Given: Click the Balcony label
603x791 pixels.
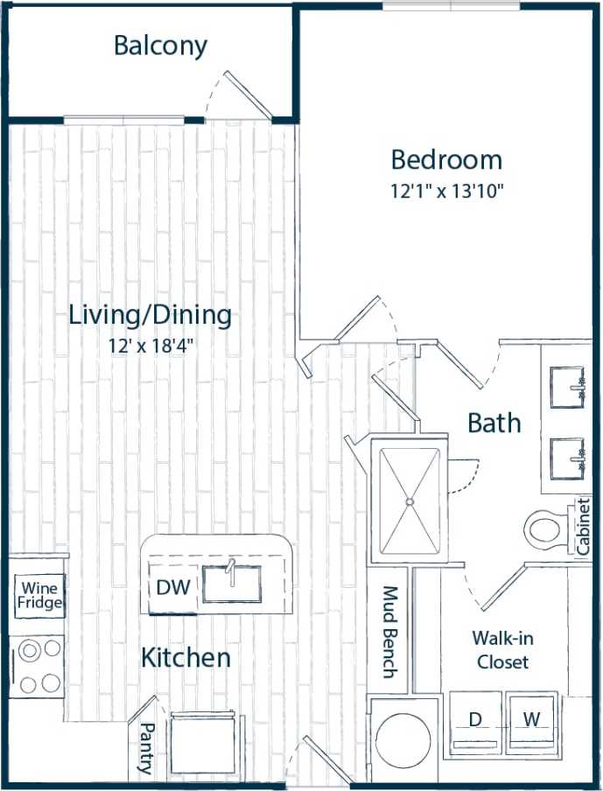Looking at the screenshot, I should pyautogui.click(x=160, y=46).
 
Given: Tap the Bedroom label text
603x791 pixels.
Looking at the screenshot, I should pyautogui.click(x=446, y=160).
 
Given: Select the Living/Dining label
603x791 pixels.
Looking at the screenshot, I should pyautogui.click(x=151, y=315).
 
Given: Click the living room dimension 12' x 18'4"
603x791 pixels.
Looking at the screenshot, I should pyautogui.click(x=150, y=344).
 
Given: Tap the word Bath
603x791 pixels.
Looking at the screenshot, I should pyautogui.click(x=494, y=423).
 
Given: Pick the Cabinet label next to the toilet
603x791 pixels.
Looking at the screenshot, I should pyautogui.click(x=583, y=527).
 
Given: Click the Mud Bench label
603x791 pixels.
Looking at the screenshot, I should pyautogui.click(x=389, y=632).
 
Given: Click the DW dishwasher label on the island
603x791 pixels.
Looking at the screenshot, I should pyautogui.click(x=172, y=588).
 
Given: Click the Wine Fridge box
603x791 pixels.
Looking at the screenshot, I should pyautogui.click(x=39, y=595).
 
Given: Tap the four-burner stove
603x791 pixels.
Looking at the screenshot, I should pyautogui.click(x=39, y=665).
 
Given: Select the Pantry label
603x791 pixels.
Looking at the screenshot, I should pyautogui.click(x=145, y=748).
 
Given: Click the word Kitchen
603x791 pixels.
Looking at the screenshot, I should pyautogui.click(x=186, y=658).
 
